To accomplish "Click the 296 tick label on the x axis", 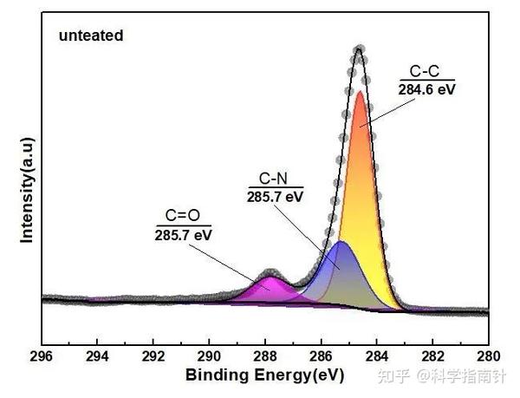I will (x=41, y=356).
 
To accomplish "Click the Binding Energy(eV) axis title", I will (x=264, y=375).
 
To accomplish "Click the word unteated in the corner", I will (x=91, y=36).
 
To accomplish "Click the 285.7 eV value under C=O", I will (x=184, y=234).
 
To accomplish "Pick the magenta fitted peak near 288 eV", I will (x=271, y=290).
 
